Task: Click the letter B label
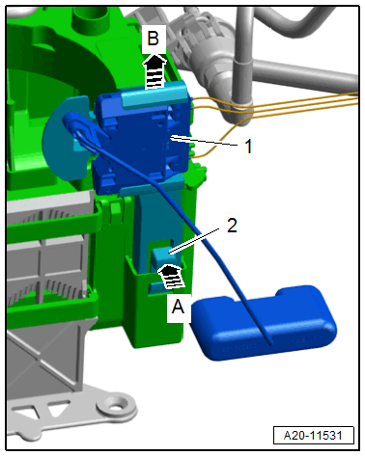[154, 39]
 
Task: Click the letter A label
[178, 307]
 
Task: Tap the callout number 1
[248, 147]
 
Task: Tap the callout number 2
[232, 226]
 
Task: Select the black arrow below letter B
[154, 71]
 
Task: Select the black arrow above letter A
[172, 277]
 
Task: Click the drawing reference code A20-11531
[313, 436]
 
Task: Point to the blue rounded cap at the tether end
[264, 323]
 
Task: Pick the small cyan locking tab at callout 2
[160, 256]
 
